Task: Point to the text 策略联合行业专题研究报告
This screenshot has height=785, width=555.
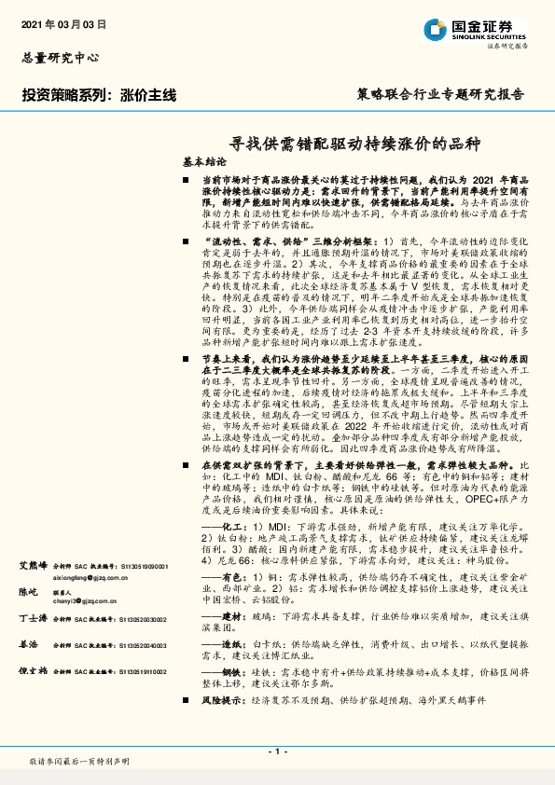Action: [441, 95]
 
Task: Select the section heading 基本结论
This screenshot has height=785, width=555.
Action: [203, 161]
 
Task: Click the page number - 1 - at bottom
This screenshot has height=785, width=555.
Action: [276, 751]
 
